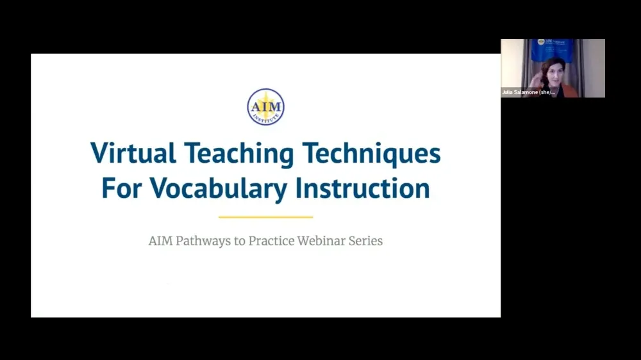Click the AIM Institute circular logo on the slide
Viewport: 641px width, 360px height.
pos(265,107)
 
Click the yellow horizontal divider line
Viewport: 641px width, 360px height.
pos(265,217)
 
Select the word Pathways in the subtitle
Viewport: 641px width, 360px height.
pos(206,241)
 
